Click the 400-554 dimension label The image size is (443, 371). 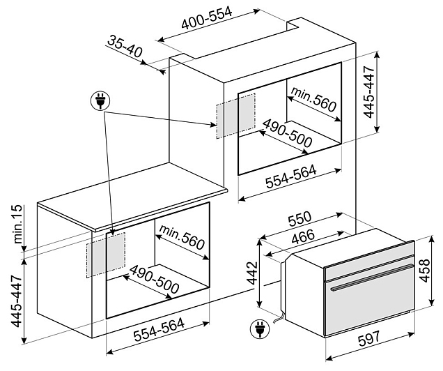[207, 21]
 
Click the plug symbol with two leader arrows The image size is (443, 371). [100, 101]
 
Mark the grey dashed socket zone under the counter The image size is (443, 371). [106, 254]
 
